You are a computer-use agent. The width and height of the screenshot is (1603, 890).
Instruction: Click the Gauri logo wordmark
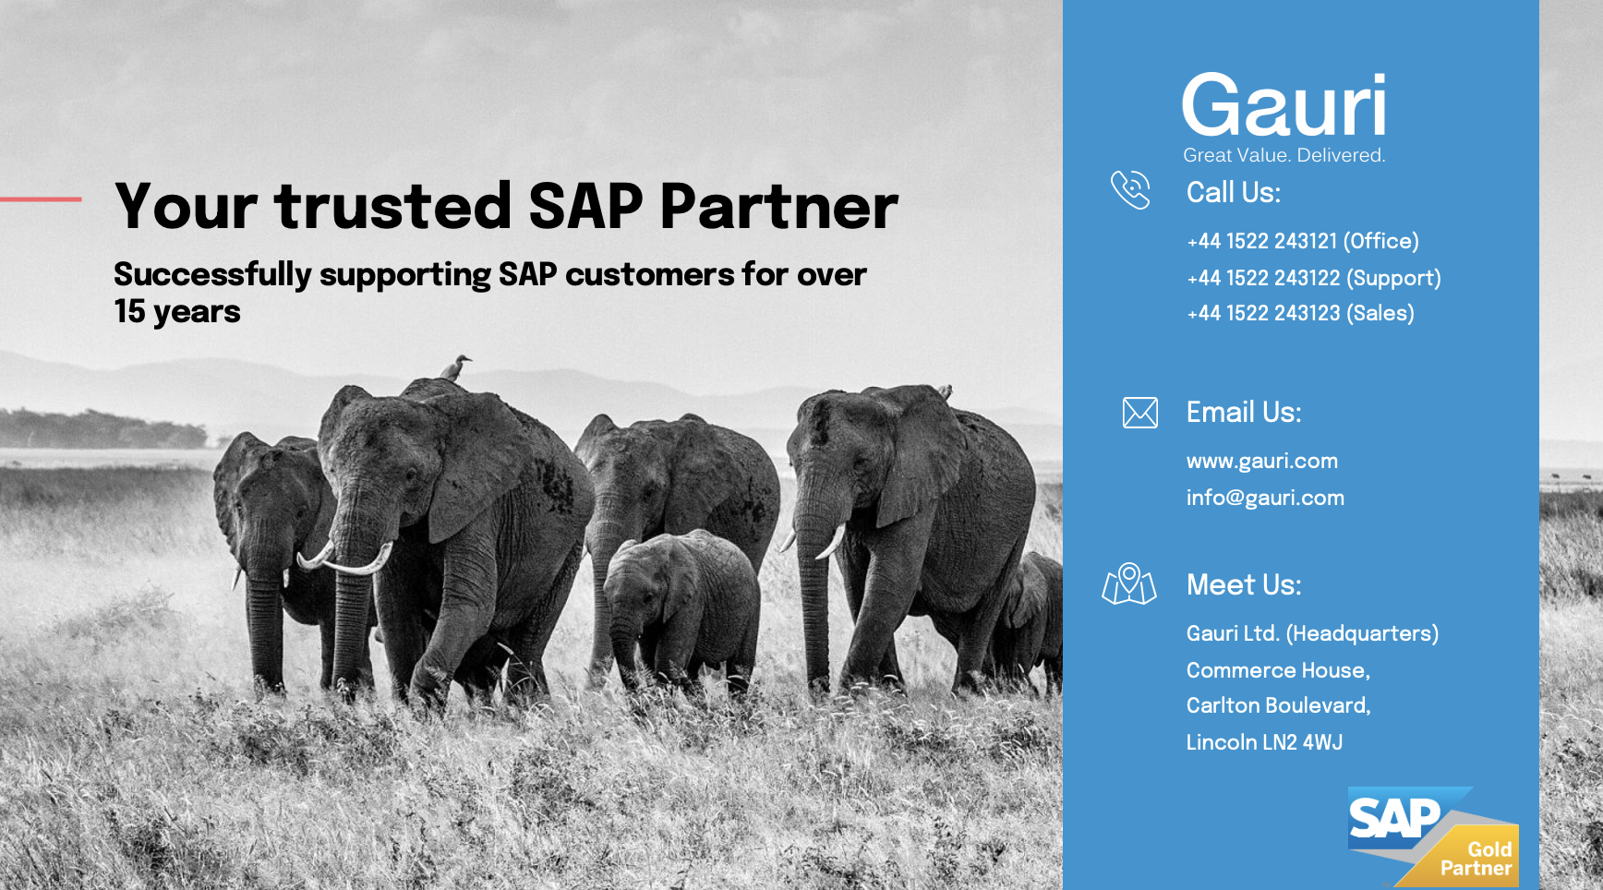point(1284,105)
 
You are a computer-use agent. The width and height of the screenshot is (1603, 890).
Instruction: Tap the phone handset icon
point(1130,190)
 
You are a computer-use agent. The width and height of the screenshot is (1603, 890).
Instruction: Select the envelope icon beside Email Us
point(1139,413)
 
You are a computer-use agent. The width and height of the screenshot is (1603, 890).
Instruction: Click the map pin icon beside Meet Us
point(1128,584)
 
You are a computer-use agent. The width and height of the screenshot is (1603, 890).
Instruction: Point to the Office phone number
point(1302,241)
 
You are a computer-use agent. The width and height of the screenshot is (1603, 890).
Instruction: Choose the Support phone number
point(1313,278)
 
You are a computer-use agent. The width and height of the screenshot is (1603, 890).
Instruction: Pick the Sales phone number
point(1300,314)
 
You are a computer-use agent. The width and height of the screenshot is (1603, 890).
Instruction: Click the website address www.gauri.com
point(1261,461)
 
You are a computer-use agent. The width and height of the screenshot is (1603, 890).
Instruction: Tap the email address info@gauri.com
point(1265,498)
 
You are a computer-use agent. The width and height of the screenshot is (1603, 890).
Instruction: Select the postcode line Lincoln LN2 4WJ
point(1264,742)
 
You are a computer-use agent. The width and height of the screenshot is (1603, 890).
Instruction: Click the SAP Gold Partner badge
point(1431,836)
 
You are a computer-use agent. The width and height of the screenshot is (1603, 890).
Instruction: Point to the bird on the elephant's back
point(455,367)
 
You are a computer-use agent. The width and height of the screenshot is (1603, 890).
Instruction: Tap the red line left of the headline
point(41,198)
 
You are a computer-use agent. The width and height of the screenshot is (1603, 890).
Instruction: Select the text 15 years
point(176,312)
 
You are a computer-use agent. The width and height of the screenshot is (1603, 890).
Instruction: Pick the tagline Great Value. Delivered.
point(1284,155)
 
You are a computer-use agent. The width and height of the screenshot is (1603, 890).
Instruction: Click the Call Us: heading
point(1233,192)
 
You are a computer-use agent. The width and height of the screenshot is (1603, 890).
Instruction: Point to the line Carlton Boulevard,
point(1278,705)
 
